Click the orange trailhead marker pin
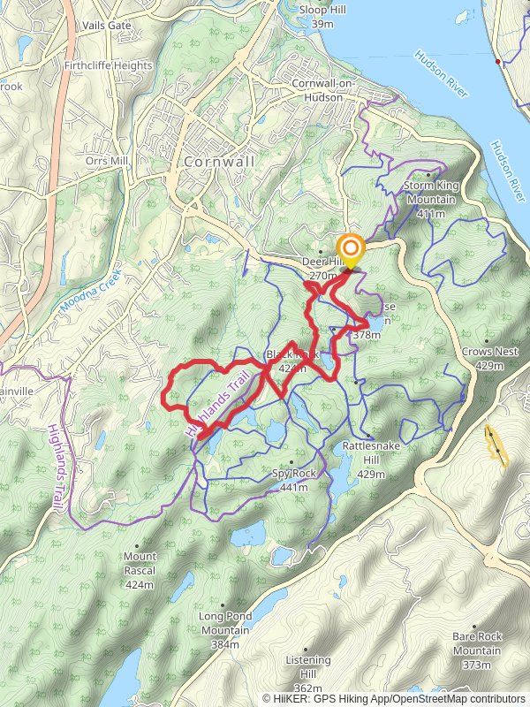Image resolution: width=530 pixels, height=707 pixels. (351, 249)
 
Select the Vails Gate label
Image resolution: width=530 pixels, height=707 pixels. (107, 26)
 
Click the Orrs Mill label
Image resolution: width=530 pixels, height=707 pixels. (107, 161)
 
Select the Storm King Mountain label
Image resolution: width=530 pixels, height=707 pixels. (428, 199)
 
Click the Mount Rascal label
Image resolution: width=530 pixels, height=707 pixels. (140, 564)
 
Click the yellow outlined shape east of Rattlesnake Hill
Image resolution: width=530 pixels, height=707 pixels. (496, 445)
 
